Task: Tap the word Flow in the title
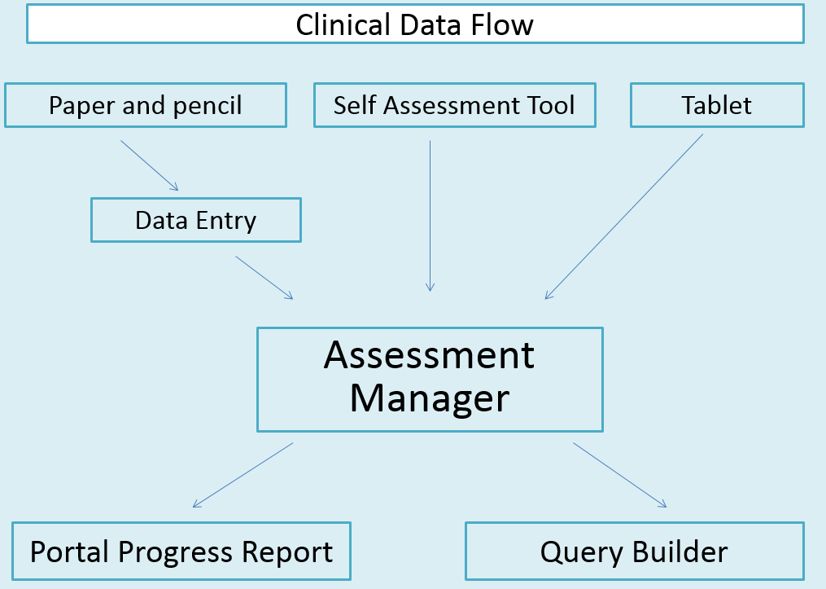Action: click(x=501, y=24)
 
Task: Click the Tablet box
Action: click(x=717, y=105)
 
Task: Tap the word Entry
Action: click(x=225, y=221)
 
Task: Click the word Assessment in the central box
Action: click(x=429, y=355)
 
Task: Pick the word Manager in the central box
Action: click(x=429, y=398)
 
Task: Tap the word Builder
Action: click(x=682, y=552)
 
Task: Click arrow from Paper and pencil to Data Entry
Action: click(x=149, y=165)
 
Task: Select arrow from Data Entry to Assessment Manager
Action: click(x=264, y=277)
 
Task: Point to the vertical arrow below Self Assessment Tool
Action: click(x=430, y=216)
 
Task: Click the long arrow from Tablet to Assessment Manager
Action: click(x=623, y=217)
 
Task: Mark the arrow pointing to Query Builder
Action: click(x=619, y=475)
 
